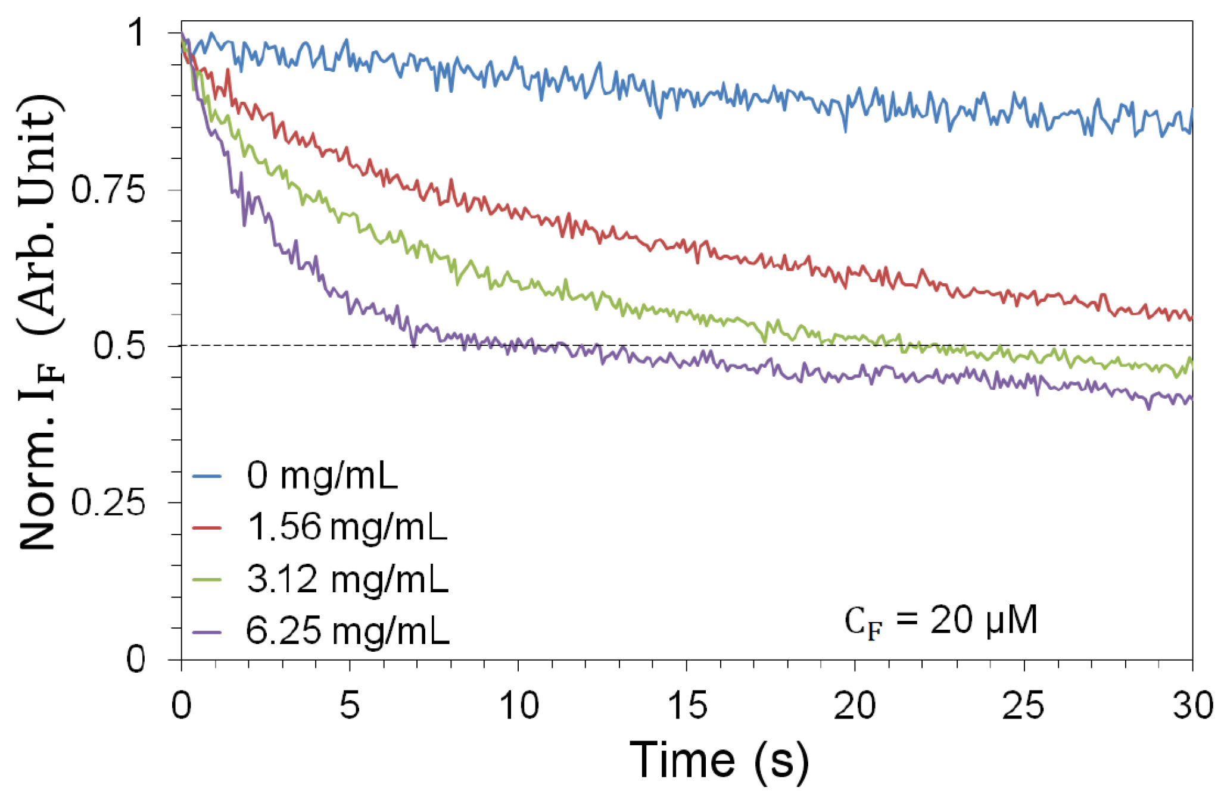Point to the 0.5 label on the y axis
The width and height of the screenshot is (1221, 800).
[x=119, y=346]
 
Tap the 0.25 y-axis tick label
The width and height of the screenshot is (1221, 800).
[x=108, y=503]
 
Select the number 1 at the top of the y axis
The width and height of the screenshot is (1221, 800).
[x=136, y=32]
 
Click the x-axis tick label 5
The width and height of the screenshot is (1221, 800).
[x=350, y=706]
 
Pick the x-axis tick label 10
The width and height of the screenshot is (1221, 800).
[x=518, y=706]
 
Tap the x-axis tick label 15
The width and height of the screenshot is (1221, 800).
[x=687, y=706]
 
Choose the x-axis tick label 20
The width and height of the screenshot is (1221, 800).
[x=855, y=706]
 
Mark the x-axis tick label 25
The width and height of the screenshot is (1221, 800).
[x=1023, y=706]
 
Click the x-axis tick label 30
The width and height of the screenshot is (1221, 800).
[x=1192, y=706]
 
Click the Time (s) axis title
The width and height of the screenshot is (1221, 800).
[x=719, y=760]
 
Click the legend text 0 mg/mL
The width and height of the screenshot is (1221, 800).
[x=322, y=476]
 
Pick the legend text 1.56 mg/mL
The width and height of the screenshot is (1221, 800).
[x=347, y=527]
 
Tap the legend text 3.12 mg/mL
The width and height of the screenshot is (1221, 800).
[x=347, y=579]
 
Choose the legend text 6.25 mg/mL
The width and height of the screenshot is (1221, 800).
[x=347, y=630]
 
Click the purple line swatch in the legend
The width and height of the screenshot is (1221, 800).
[x=207, y=632]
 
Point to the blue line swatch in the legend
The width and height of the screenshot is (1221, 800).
[x=207, y=476]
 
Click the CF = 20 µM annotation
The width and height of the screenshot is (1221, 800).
[x=941, y=621]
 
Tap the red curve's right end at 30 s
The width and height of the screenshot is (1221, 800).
[x=1191, y=318]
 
